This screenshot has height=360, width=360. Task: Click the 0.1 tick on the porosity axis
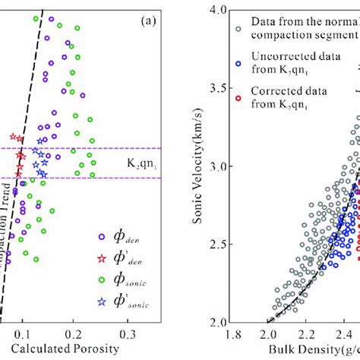tap(24, 331)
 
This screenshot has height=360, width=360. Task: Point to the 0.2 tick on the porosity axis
tap(75, 331)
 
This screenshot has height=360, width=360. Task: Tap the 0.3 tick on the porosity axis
tap(127, 331)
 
